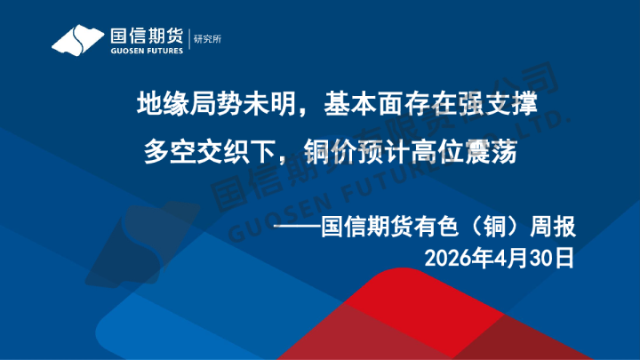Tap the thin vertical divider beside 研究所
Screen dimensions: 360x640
(x=189, y=39)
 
